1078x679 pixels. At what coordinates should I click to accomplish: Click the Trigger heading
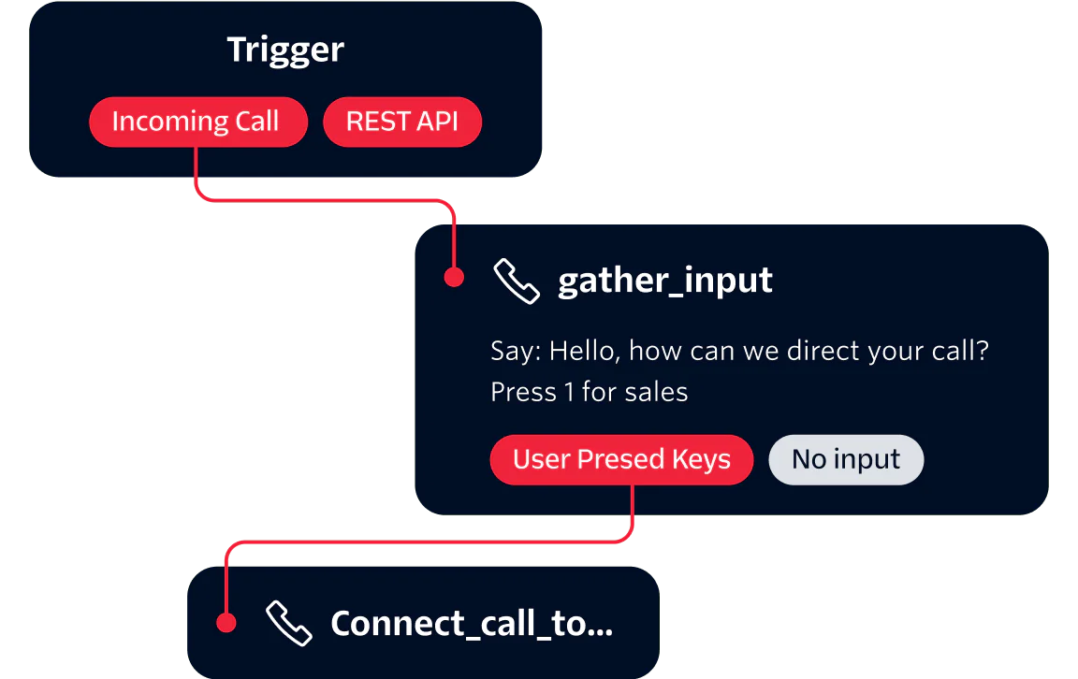pyautogui.click(x=285, y=50)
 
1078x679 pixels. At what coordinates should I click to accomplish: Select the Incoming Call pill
pyautogui.click(x=197, y=123)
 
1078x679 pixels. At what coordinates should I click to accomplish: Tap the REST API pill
pyautogui.click(x=402, y=123)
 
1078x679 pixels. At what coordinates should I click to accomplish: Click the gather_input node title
pyautogui.click(x=665, y=281)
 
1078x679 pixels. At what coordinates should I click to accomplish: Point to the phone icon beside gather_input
pyautogui.click(x=517, y=282)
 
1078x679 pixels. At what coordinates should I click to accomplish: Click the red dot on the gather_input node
pyautogui.click(x=454, y=278)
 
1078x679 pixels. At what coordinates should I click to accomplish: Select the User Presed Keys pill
pyautogui.click(x=621, y=459)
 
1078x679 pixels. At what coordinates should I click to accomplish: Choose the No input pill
pyautogui.click(x=846, y=459)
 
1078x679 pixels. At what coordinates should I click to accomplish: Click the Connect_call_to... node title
pyautogui.click(x=472, y=624)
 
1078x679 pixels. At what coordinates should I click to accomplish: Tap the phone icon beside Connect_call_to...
pyautogui.click(x=289, y=624)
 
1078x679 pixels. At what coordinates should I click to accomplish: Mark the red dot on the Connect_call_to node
pyautogui.click(x=225, y=622)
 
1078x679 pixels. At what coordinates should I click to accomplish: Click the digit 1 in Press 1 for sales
pyautogui.click(x=569, y=392)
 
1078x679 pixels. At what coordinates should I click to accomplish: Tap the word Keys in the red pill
pyautogui.click(x=701, y=459)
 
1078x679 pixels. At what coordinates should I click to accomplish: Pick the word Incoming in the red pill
pyautogui.click(x=169, y=123)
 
